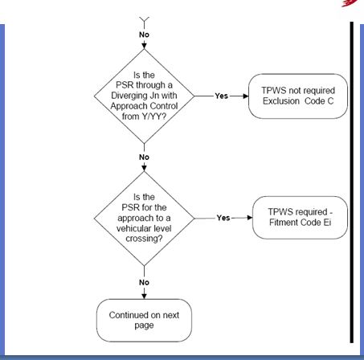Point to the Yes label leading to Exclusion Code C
point(222,96)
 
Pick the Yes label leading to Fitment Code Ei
point(223,218)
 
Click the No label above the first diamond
point(144,35)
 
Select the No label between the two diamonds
point(144,157)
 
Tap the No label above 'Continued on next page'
point(144,282)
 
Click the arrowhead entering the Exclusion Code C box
point(246,96)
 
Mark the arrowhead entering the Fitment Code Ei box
point(249,218)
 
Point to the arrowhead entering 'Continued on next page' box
point(144,296)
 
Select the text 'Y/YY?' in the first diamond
point(155,117)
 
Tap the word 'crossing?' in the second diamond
point(144,239)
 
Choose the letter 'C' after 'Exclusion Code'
point(330,101)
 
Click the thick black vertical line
point(352,182)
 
